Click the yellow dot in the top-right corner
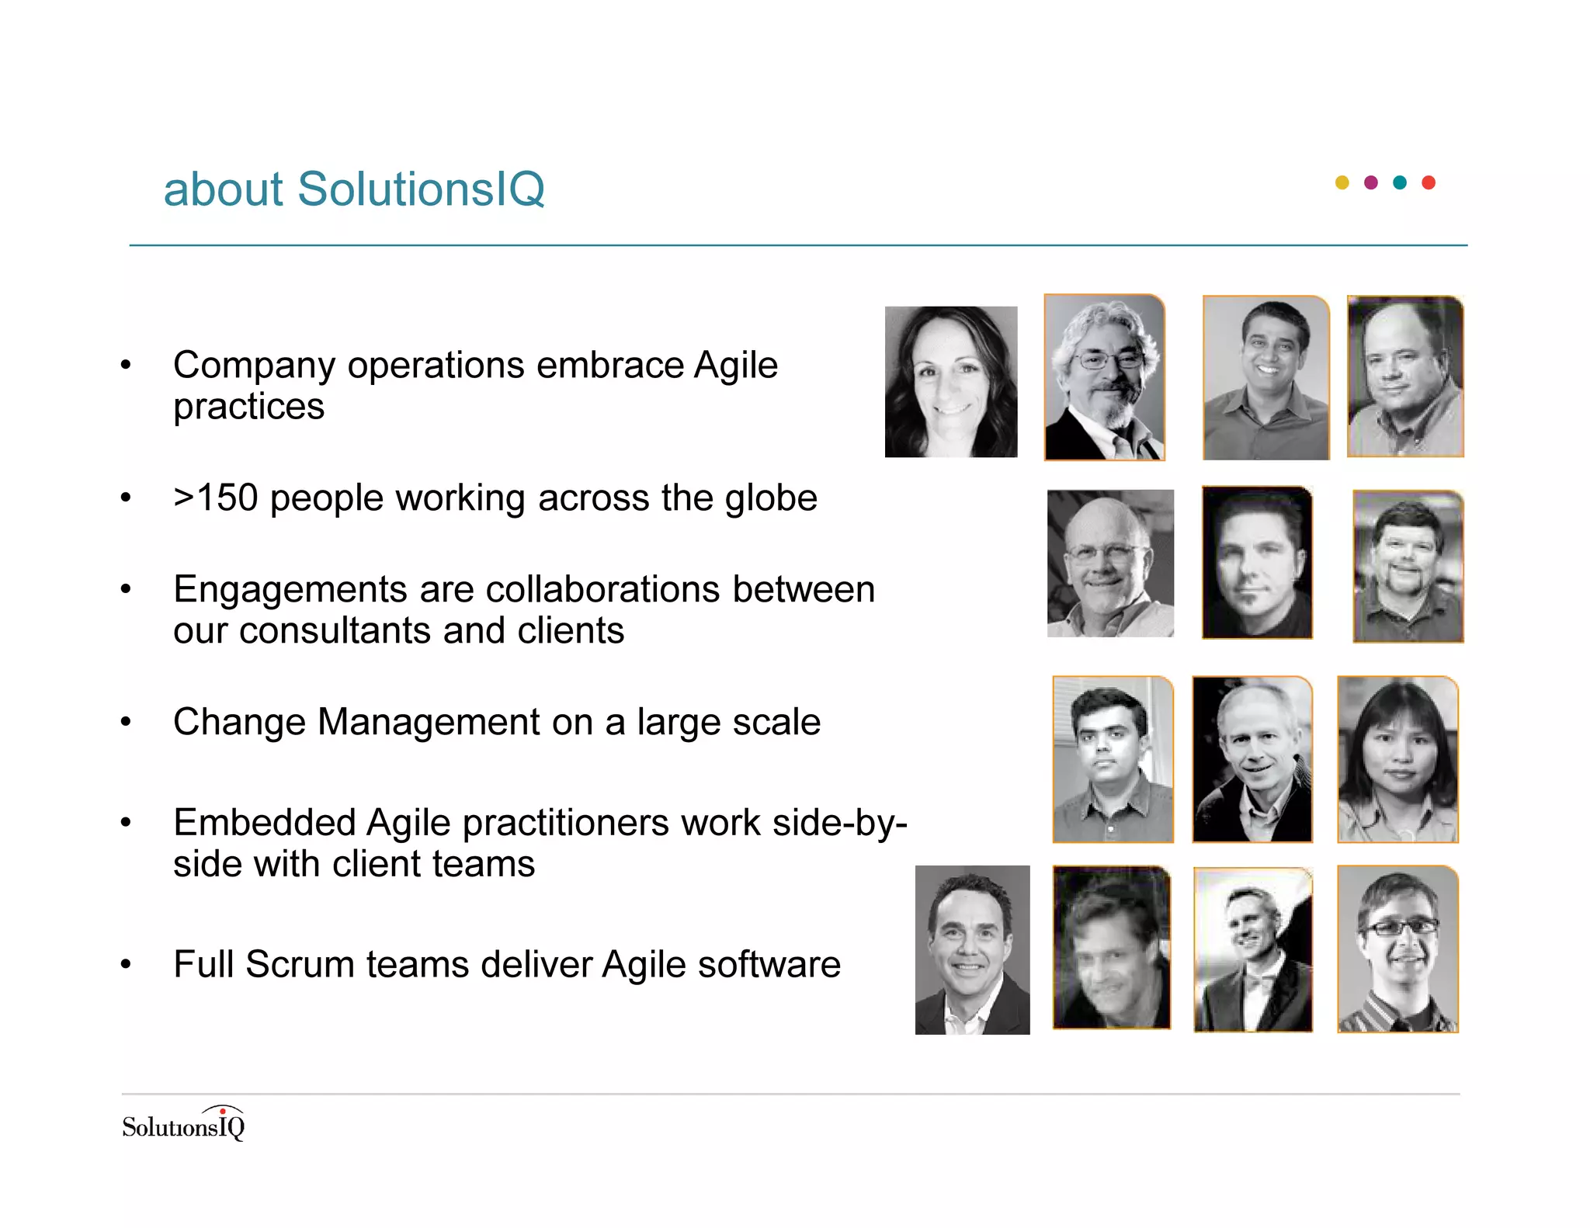pos(1342,182)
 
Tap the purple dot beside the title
pos(1371,182)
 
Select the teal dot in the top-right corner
pos(1400,182)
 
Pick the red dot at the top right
pos(1429,182)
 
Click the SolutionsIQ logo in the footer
pos(184,1124)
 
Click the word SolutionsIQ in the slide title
pos(421,189)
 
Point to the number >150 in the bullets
pos(216,498)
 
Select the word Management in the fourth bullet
pos(429,722)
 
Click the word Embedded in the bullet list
pos(264,822)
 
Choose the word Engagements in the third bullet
pos(290,590)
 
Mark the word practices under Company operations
pos(248,407)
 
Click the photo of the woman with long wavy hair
pos(951,382)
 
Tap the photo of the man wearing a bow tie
pos(1252,950)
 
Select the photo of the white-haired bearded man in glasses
pos(1105,377)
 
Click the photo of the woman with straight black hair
pos(1397,759)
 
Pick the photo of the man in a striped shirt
pos(1397,950)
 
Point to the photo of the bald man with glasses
pos(1110,564)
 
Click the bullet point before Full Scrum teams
pos(126,965)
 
